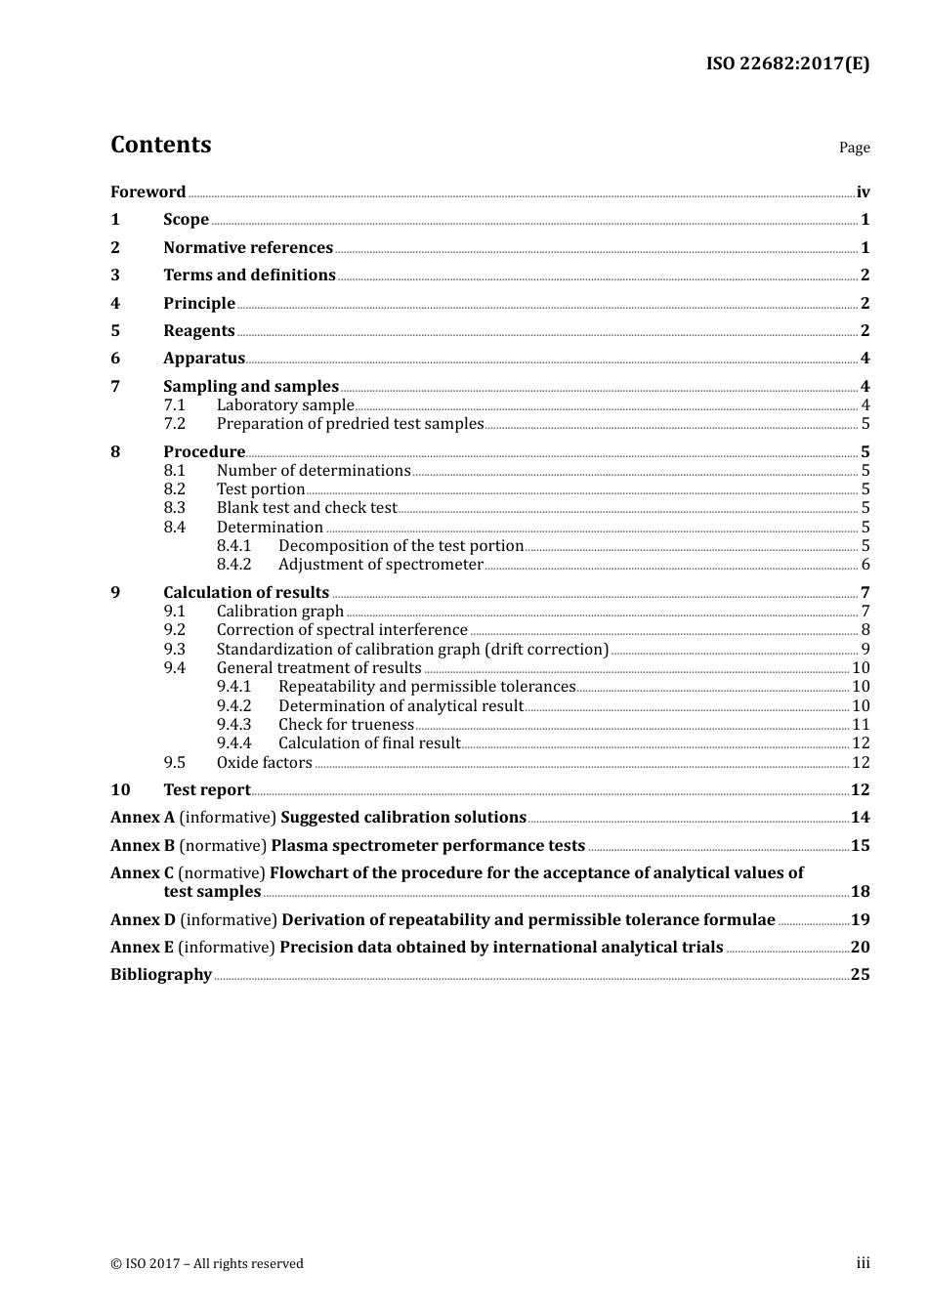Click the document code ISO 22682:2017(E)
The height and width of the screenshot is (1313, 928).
click(787, 64)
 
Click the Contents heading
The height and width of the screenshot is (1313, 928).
click(160, 145)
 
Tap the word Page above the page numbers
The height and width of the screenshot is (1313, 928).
click(854, 148)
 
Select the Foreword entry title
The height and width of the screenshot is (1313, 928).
click(148, 192)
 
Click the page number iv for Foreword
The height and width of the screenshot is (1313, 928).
click(863, 192)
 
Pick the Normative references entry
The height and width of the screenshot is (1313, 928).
click(248, 248)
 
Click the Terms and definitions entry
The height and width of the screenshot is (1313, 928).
click(249, 275)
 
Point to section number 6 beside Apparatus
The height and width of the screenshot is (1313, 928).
click(115, 359)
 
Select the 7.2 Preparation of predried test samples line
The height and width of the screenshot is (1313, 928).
click(350, 424)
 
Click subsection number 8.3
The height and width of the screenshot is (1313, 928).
click(174, 508)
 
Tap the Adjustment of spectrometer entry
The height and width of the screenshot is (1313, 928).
click(380, 565)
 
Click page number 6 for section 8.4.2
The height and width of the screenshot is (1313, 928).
click(865, 565)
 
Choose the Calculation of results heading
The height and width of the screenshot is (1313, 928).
click(246, 593)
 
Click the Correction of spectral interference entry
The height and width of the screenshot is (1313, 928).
click(342, 630)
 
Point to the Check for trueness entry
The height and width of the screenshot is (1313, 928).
click(346, 725)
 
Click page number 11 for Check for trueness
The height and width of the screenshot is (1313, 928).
click(861, 725)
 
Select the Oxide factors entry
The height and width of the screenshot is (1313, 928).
click(264, 763)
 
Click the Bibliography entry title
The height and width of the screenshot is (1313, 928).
click(161, 975)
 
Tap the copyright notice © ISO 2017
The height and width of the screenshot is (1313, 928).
click(206, 1264)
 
